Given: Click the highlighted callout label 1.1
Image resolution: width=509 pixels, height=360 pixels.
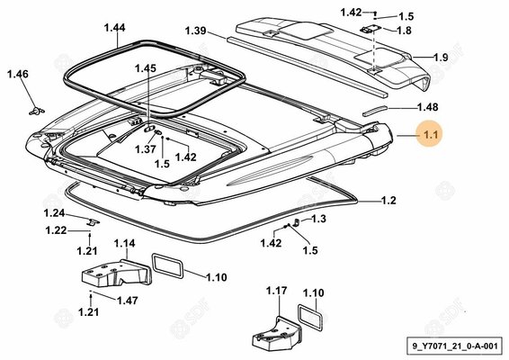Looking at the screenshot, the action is coord(431,134).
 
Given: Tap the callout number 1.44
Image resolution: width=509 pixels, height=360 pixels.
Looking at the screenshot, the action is coord(114,28).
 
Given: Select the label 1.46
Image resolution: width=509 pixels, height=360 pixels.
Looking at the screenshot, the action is coord(18,74).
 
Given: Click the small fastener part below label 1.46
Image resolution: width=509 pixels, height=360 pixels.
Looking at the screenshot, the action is coord(36,111).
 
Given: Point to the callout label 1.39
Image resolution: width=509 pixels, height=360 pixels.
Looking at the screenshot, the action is coord(196,31).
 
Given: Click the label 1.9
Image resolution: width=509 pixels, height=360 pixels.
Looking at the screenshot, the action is coord(441,58).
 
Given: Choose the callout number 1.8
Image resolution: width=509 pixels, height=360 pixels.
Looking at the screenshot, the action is coord(404,31).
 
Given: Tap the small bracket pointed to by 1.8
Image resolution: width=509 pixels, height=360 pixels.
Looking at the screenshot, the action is coord(370,30).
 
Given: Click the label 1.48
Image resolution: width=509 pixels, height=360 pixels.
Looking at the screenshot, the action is coord(427,107).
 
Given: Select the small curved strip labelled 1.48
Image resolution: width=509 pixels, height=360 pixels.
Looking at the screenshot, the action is coord(375,110).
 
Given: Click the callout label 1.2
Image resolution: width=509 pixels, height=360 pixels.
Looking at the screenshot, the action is coord(388,201).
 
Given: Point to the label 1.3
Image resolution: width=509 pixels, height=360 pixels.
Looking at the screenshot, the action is coord(318,219).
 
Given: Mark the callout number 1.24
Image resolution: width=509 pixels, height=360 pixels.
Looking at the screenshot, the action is coord(54,213).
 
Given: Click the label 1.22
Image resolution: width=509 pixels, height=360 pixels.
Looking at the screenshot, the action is coord(56,230).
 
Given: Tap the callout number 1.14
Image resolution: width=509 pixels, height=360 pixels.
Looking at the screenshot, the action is coord(125,243).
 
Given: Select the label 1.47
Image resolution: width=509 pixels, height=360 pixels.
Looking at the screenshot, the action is coord(128,301).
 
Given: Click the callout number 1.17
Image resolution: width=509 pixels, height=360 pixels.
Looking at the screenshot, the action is coord(277,291).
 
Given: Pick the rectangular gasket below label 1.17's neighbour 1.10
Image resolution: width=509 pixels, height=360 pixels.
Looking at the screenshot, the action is coord(310,317).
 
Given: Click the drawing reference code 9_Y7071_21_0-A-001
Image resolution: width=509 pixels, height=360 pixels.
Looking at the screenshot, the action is coord(455,346).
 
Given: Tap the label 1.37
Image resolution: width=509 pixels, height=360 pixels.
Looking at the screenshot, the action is coord(146,149).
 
